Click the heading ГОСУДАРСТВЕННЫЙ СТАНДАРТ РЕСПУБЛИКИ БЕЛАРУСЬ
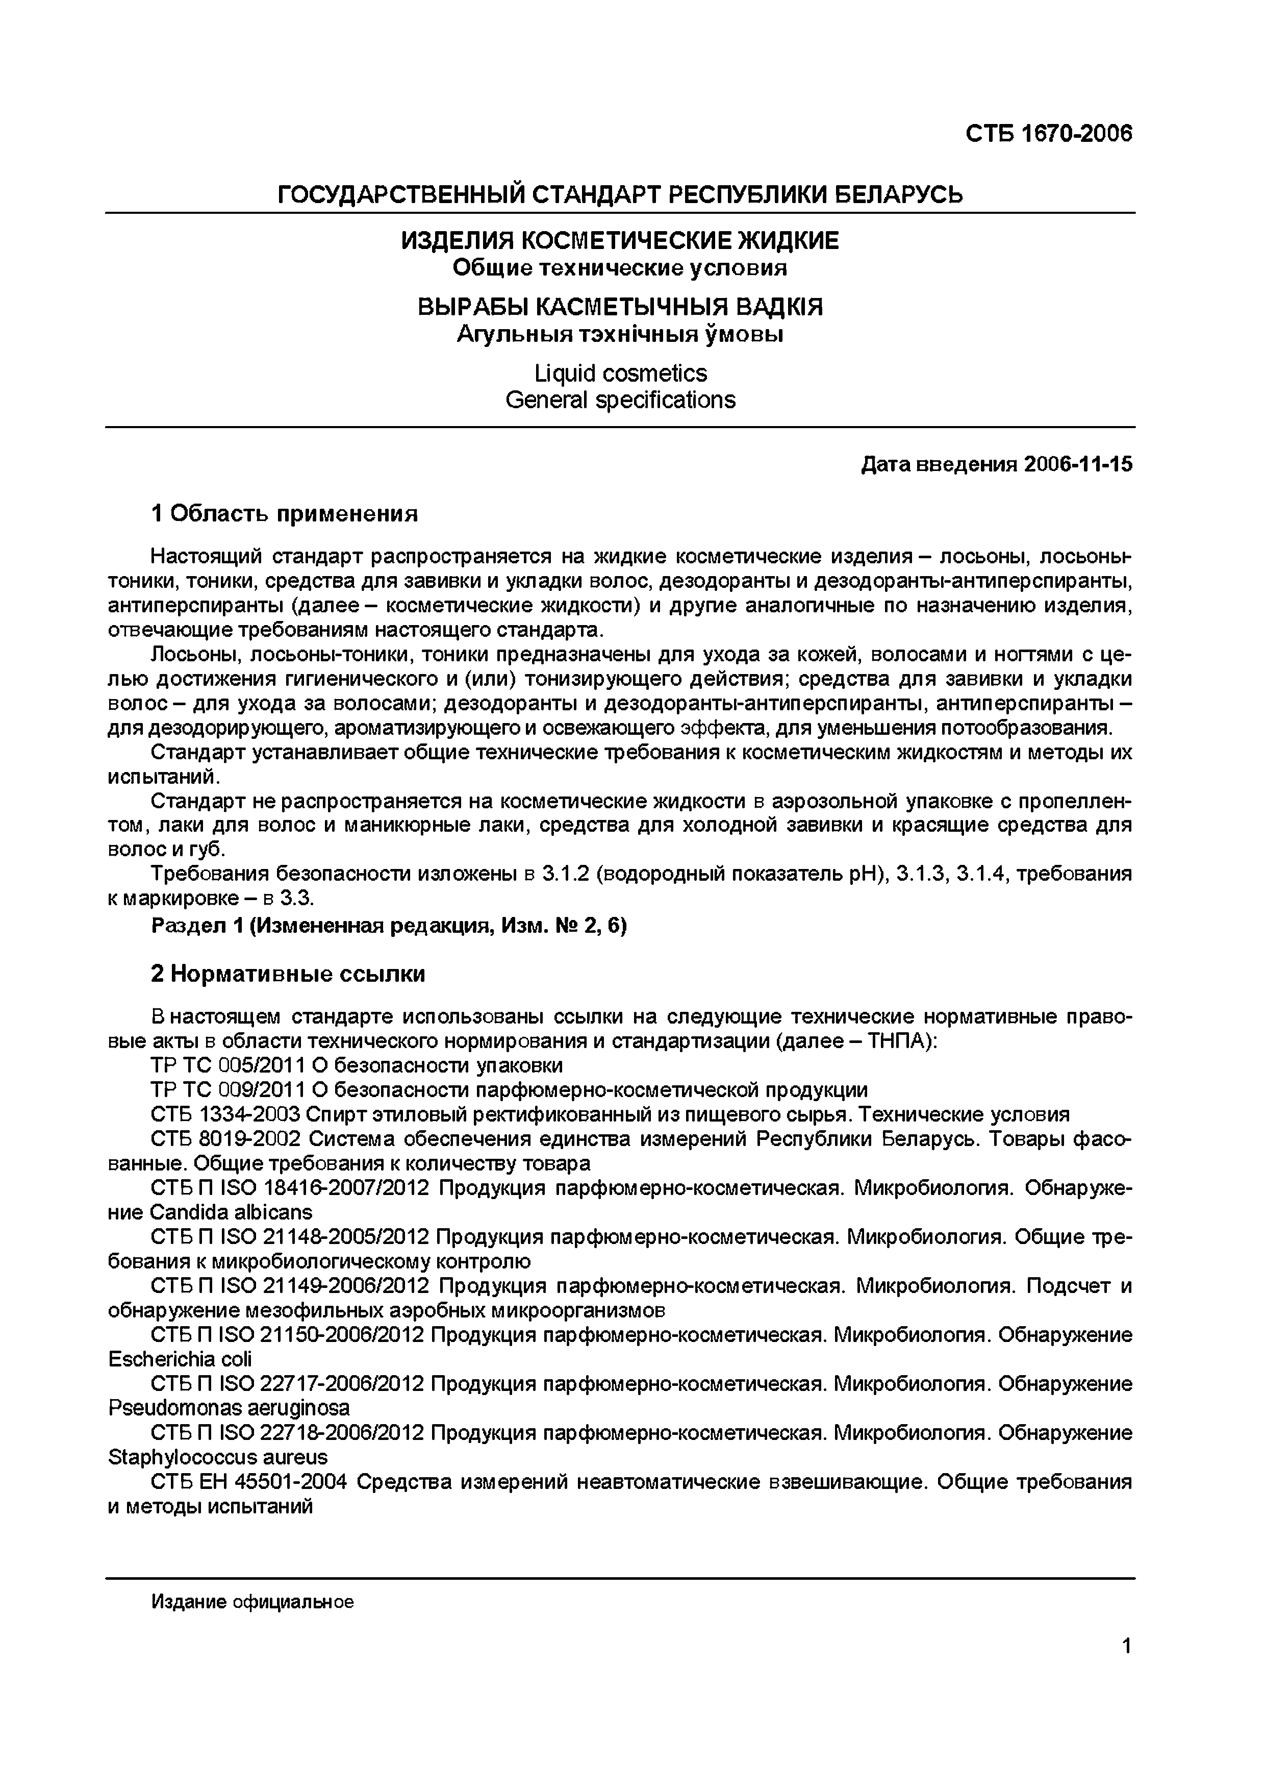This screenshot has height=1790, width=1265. click(620, 193)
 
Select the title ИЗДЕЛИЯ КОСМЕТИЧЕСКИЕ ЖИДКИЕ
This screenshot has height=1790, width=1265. click(620, 240)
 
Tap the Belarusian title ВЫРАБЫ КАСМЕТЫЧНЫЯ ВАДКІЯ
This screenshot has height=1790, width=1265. click(620, 306)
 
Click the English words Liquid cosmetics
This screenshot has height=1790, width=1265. click(620, 374)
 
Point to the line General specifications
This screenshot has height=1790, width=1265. click(620, 400)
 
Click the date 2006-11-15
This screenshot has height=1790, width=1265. click(1079, 465)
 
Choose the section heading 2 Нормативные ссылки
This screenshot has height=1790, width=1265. click(288, 974)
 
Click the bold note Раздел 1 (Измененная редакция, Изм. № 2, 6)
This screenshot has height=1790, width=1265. click(389, 926)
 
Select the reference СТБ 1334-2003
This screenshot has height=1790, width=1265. click(226, 1113)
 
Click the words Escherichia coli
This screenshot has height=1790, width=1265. click(180, 1359)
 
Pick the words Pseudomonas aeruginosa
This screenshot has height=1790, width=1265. click(229, 1408)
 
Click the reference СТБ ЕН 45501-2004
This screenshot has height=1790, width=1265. click(249, 1481)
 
